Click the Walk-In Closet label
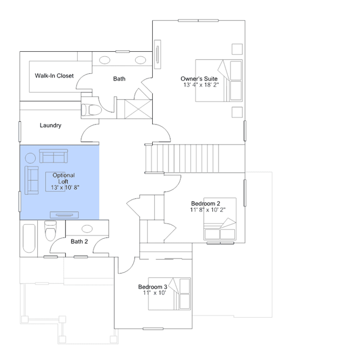point(54,75)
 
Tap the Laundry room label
point(51,126)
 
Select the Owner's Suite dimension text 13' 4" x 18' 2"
point(201,85)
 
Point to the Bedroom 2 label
point(206,203)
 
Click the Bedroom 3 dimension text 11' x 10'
point(154,293)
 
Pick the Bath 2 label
point(79,242)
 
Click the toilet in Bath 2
point(50,231)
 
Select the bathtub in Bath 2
point(29,238)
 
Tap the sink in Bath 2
point(87,228)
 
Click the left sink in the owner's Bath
point(104,60)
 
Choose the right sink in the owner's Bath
point(140,60)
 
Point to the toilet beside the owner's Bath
point(92,110)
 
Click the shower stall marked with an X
point(138,109)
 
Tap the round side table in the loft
point(30,158)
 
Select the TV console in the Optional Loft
point(64,215)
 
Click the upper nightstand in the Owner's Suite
point(237,49)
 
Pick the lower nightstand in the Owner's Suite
point(237,112)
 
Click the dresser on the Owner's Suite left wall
point(158,55)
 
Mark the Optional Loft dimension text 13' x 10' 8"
point(65,188)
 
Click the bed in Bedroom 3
point(170,294)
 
